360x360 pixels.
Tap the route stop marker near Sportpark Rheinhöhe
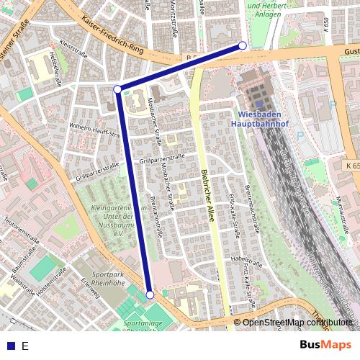[150, 294]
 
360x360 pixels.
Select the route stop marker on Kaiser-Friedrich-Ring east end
[243, 45]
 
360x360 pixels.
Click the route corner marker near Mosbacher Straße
[117, 89]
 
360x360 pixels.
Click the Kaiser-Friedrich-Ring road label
[114, 36]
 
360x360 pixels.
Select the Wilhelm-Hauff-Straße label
[93, 129]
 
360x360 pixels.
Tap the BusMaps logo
[326, 345]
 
